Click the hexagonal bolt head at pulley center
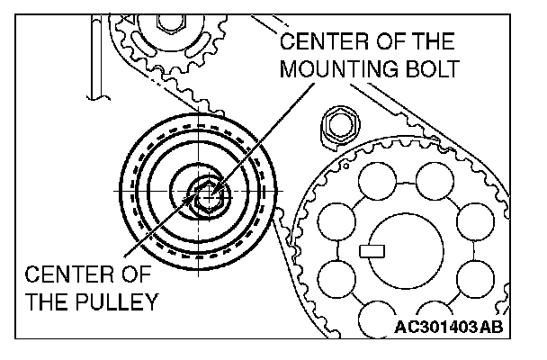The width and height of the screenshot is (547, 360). [204, 193]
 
